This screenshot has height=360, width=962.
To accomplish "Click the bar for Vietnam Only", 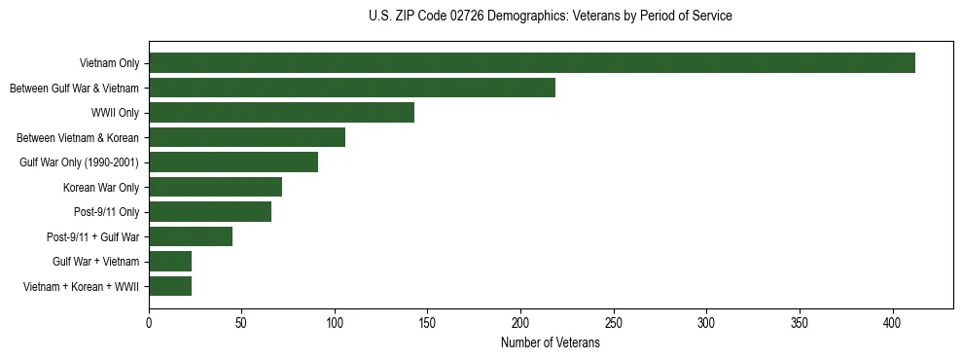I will point(532,63).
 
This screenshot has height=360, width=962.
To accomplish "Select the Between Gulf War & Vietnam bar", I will point(352,88).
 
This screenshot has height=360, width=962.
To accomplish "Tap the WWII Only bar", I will point(281,113).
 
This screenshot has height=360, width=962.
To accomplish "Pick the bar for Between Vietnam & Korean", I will point(247,137).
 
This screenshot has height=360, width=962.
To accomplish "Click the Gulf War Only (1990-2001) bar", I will point(233,162).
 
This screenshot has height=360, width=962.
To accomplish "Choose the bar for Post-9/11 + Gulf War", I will point(191,236).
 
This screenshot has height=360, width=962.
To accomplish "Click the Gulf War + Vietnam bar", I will point(170,262).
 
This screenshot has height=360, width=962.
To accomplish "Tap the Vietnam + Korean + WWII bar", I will point(170,286).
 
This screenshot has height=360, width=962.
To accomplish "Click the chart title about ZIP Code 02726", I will point(551,16).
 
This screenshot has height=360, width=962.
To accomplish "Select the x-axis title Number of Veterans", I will point(551,343).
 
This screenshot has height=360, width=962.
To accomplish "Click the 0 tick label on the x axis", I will point(149,322).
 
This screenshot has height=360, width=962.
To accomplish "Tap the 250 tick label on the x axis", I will point(614,322).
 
